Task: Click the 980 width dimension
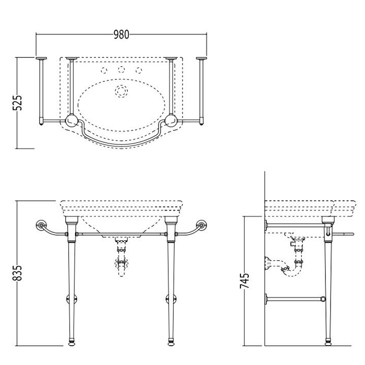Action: point(121,34)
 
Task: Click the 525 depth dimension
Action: point(17,103)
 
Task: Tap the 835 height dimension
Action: point(17,273)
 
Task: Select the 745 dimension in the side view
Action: point(245,281)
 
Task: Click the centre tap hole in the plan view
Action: point(121,69)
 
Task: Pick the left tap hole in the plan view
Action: point(104,70)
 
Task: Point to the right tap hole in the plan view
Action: point(139,70)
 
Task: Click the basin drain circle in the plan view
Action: point(121,91)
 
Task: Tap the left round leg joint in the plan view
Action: point(71,120)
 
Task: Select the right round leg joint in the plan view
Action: point(171,120)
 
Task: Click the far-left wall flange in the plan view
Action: point(41,58)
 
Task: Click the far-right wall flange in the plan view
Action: point(201,58)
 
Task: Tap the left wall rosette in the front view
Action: point(41,225)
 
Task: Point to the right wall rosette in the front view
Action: point(201,225)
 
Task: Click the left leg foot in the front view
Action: point(71,343)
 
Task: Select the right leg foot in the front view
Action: point(171,343)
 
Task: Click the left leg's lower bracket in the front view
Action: point(71,299)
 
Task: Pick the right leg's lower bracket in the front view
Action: point(171,299)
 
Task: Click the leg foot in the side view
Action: point(328,343)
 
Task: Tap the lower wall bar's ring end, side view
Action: point(323,299)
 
